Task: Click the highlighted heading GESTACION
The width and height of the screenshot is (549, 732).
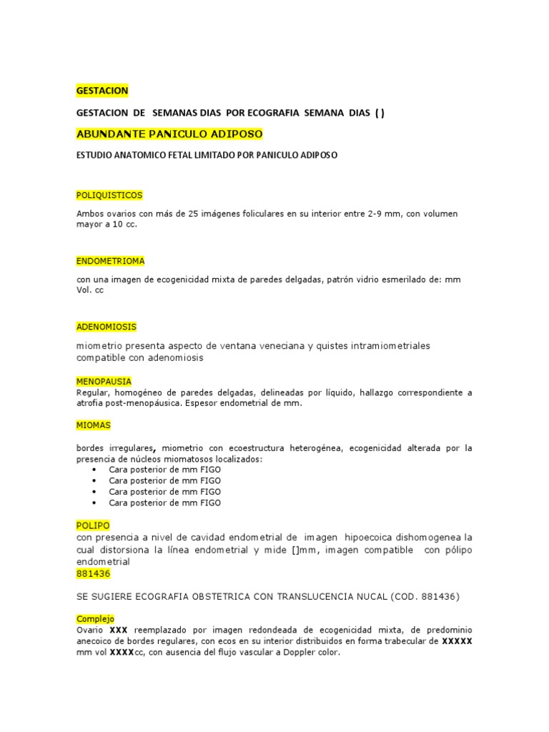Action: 102,91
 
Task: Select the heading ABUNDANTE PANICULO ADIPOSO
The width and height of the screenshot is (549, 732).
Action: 169,134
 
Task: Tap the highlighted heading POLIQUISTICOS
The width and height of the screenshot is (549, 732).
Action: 109,195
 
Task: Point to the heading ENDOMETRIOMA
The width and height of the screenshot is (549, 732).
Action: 110,261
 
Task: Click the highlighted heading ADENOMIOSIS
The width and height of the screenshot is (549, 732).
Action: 106,327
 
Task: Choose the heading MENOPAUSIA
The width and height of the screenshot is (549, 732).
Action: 104,382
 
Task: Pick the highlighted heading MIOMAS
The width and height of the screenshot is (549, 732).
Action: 94,425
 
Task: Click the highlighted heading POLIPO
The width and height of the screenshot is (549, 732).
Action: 93,525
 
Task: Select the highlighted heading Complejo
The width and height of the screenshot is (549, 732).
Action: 95,618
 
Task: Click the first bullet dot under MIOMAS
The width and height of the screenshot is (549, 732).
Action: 95,470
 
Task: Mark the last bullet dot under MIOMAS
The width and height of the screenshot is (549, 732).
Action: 95,503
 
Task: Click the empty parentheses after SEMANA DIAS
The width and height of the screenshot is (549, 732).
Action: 379,113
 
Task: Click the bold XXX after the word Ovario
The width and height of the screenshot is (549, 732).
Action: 119,630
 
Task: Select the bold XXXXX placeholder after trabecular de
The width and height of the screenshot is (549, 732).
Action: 457,640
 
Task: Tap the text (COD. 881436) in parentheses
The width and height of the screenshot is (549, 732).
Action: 425,596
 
